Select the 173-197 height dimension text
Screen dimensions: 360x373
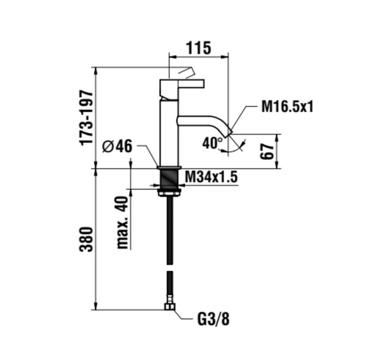click(87, 118)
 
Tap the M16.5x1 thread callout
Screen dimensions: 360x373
click(287, 106)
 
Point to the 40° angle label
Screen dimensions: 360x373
click(212, 143)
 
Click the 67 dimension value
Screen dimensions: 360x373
click(267, 151)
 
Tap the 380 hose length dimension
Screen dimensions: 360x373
click(87, 239)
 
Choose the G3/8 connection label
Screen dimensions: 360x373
click(212, 318)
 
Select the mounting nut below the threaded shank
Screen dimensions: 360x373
click(168, 192)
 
